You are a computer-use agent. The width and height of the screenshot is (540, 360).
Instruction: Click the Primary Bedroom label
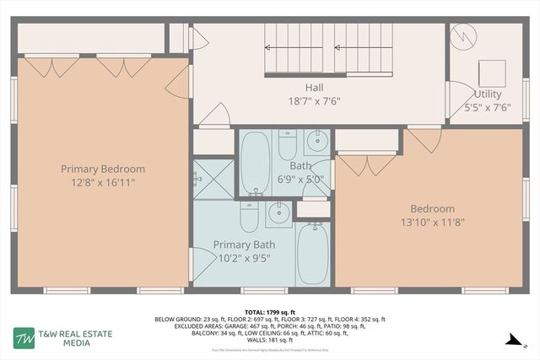tap(103, 169)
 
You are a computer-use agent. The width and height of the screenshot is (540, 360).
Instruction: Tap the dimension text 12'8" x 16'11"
tap(103, 181)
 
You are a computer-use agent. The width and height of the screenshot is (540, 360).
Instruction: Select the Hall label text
tap(313, 87)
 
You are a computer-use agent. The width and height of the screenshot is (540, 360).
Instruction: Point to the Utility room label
tap(487, 94)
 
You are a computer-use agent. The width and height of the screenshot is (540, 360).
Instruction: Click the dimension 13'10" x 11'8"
tap(432, 223)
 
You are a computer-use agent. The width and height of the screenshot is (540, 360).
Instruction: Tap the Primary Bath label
tap(244, 244)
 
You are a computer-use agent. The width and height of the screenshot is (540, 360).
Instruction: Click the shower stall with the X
tap(213, 179)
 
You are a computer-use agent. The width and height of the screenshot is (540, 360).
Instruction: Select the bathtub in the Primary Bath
tap(313, 253)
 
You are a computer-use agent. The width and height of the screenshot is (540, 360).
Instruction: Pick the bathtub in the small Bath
tap(255, 162)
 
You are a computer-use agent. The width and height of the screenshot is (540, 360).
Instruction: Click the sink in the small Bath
tap(316, 141)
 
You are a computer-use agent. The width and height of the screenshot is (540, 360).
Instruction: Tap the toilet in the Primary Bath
tap(250, 217)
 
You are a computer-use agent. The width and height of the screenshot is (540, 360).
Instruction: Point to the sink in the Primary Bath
tap(278, 214)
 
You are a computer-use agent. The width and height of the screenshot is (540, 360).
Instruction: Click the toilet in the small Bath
tap(287, 144)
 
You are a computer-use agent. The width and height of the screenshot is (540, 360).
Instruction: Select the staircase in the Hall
tap(328, 49)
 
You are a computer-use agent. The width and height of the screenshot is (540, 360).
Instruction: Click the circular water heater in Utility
tap(464, 36)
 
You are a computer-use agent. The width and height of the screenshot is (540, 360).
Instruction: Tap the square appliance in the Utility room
tap(492, 71)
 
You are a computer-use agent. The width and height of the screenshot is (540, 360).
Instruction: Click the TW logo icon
tap(23, 338)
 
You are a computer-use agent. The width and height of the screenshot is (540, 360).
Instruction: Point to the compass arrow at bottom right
tap(510, 340)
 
